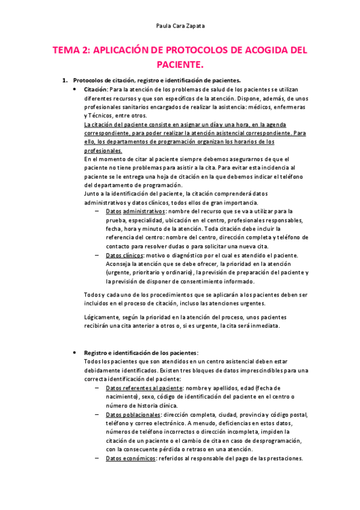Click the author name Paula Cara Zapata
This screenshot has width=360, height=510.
pyautogui.click(x=180, y=26)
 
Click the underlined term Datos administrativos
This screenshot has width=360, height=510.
pyautogui.click(x=135, y=212)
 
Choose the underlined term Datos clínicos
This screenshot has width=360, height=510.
pyautogui.click(x=124, y=255)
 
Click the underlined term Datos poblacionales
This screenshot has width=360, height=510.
pyautogui.click(x=132, y=415)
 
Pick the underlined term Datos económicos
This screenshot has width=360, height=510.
pyautogui.click(x=130, y=458)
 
